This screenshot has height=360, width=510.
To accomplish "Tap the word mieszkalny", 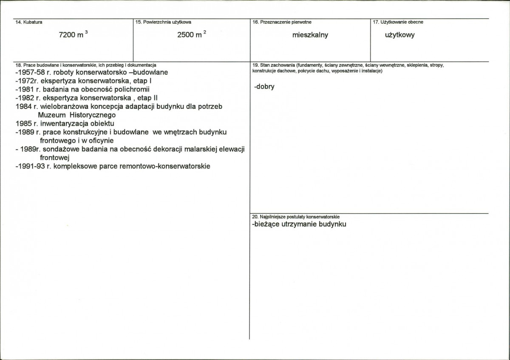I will (310, 35).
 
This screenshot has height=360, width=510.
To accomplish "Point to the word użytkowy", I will (399, 35).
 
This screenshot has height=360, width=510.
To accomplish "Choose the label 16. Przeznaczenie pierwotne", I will (279, 22).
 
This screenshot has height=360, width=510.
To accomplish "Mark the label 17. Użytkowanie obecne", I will (398, 22).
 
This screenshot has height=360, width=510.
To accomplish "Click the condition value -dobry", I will (264, 87).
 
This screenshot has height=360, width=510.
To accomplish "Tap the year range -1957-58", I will (29, 72).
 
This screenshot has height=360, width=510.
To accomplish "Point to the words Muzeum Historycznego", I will (76, 115).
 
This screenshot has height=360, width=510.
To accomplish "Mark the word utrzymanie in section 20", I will (300, 224).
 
